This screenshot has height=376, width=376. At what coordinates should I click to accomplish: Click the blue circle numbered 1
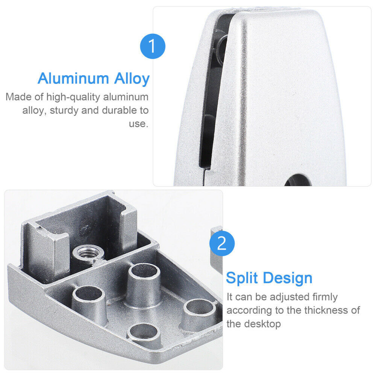coord(153,46)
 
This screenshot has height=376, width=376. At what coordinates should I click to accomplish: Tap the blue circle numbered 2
coord(222,243)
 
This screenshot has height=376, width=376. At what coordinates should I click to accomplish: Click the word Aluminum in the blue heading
coord(73,78)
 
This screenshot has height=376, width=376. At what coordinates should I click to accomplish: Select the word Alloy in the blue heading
coord(132,79)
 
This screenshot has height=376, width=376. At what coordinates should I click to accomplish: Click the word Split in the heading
coord(242,278)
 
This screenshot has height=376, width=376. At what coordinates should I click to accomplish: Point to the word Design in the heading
coord(288,278)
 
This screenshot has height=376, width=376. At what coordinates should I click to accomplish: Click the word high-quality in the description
coord(73,97)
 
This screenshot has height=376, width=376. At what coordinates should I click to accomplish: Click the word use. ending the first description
coord(139,124)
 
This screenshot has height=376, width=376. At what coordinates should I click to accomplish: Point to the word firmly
coord(325,297)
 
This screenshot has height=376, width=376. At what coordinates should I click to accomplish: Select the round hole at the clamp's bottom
coord(298,180)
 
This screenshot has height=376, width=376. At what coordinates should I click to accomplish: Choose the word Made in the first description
coord(18,97)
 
